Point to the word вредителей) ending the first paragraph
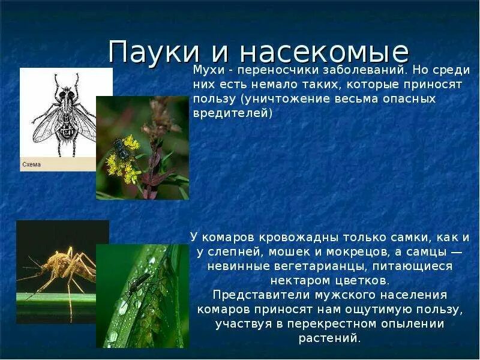click(x=233, y=113)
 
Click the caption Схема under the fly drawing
click(x=32, y=164)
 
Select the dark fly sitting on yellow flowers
click(x=122, y=148)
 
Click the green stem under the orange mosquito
click(x=54, y=297)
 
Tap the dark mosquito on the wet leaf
click(x=139, y=281)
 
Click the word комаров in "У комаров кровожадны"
click(x=230, y=237)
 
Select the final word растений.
click(x=329, y=338)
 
